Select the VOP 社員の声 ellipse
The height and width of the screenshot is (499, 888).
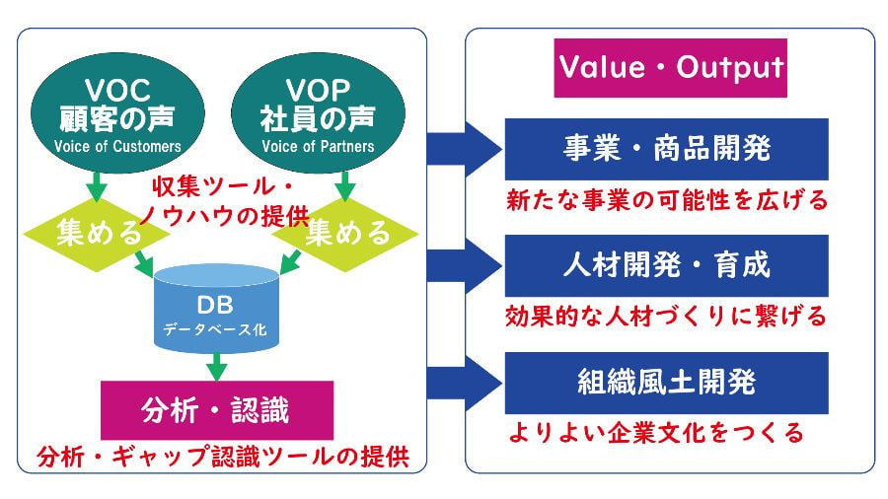(x=318, y=110)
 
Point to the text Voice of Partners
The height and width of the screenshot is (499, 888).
(x=318, y=147)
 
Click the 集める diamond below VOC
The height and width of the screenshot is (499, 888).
(x=84, y=233)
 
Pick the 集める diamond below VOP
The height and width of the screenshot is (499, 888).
(x=346, y=233)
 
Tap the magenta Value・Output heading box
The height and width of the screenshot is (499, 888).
(x=671, y=67)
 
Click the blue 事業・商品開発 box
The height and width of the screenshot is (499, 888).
(x=666, y=150)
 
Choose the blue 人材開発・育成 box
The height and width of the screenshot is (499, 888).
(x=666, y=265)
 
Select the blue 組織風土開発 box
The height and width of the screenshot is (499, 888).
(x=666, y=382)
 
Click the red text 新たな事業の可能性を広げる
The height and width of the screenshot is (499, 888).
(x=666, y=201)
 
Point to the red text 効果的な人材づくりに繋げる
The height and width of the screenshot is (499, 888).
(x=666, y=317)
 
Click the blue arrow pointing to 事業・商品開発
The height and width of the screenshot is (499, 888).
(x=464, y=149)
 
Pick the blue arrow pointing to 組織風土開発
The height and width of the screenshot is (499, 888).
(x=464, y=381)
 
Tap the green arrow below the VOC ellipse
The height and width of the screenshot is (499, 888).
(x=97, y=185)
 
